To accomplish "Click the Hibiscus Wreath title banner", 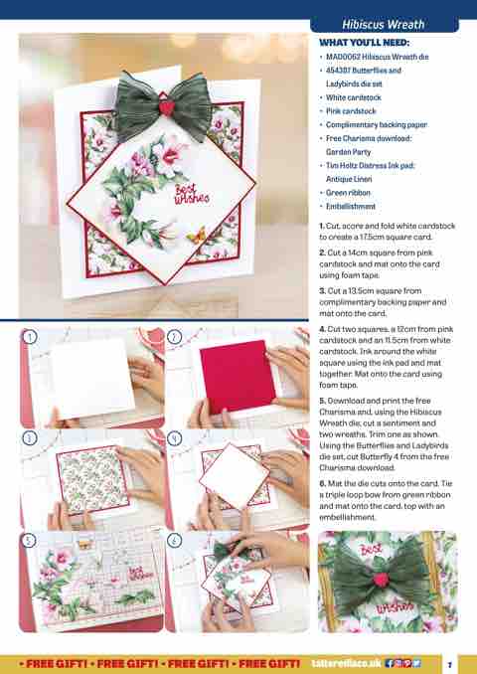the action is pyautogui.click(x=384, y=25).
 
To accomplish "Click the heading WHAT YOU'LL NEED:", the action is pyautogui.click(x=365, y=43).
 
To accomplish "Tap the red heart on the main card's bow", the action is pyautogui.click(x=166, y=107).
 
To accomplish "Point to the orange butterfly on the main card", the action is pyautogui.click(x=196, y=235).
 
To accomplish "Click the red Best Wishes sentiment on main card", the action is pyautogui.click(x=191, y=194).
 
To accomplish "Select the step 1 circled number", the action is pyautogui.click(x=29, y=337).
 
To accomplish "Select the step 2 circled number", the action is pyautogui.click(x=174, y=337).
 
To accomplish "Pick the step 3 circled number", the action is pyautogui.click(x=29, y=438).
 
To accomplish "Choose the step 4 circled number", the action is pyautogui.click(x=174, y=438).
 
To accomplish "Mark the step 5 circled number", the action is pyautogui.click(x=29, y=540).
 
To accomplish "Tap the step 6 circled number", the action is pyautogui.click(x=174, y=540).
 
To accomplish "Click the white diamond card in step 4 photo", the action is pyautogui.click(x=235, y=476).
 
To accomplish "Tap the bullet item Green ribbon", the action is pyautogui.click(x=348, y=193).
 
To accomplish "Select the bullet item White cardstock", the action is pyautogui.click(x=353, y=97).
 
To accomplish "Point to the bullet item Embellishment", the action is pyautogui.click(x=351, y=207).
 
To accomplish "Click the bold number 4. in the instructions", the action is pyautogui.click(x=322, y=329).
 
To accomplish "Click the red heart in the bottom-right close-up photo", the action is pyautogui.click(x=381, y=580).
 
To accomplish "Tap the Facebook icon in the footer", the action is pyautogui.click(x=390, y=664).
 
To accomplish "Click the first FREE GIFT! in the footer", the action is pyautogui.click(x=54, y=664).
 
